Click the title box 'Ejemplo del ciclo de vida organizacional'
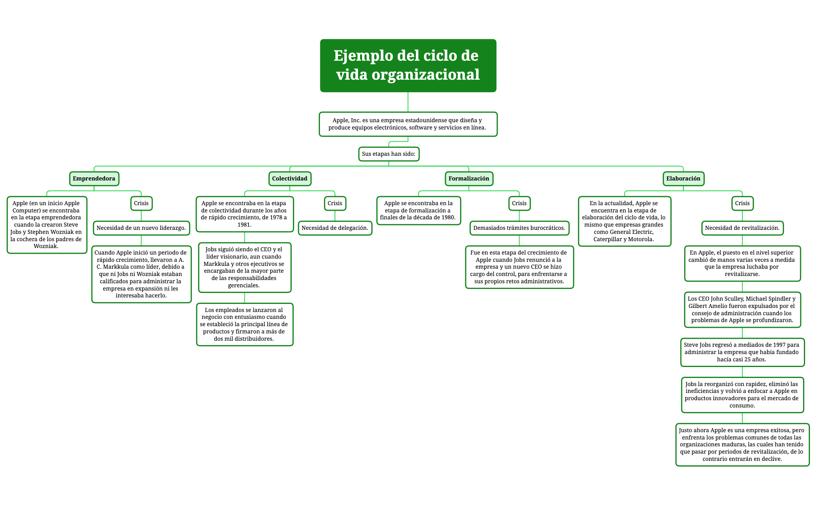tap(408, 66)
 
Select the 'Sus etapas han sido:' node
tap(388, 154)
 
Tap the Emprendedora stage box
tap(94, 178)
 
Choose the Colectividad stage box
tap(290, 178)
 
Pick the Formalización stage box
tap(468, 178)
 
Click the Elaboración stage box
tap(683, 178)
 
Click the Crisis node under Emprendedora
tap(141, 203)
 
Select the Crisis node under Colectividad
tap(335, 203)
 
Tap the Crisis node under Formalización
tap(519, 203)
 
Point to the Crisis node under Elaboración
tap(742, 203)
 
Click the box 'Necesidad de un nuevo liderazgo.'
tap(141, 228)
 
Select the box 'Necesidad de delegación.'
tap(335, 228)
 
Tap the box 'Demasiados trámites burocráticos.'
tap(519, 228)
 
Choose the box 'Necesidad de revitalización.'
tap(742, 228)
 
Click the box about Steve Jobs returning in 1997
tap(742, 352)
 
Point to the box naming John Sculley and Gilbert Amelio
tap(742, 310)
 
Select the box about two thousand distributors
tap(244, 325)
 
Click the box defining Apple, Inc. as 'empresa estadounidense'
tap(407, 124)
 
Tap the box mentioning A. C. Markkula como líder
tap(141, 274)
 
